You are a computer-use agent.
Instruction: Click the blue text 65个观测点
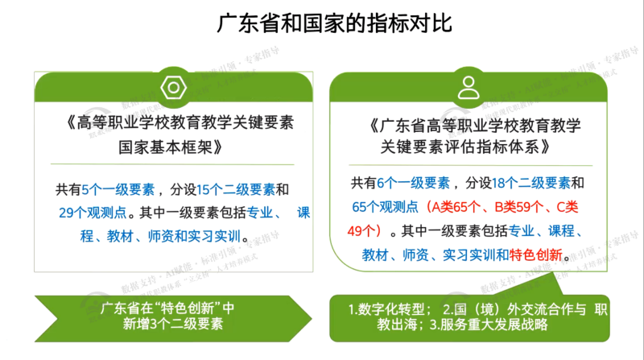point(386,207)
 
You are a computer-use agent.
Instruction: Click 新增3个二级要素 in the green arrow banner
point(173,324)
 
